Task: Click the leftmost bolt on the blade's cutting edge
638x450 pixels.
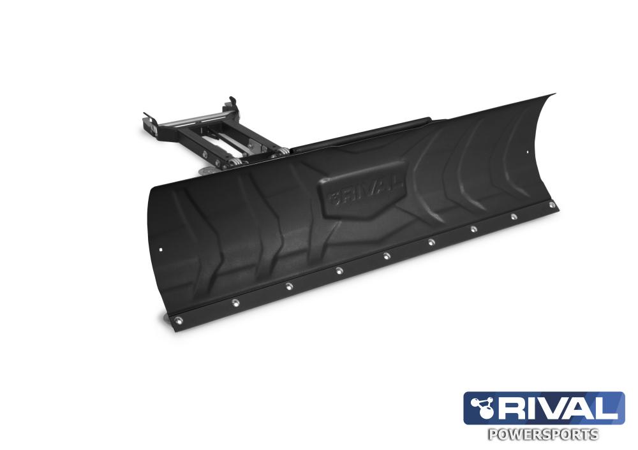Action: point(178,321)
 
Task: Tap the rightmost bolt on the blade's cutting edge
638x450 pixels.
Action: point(552,205)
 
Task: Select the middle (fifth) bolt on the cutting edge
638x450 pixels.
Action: point(386,256)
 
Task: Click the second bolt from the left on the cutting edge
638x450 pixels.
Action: point(235,302)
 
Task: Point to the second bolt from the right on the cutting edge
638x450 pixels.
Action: point(514,217)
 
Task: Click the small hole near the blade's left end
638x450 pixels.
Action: point(162,249)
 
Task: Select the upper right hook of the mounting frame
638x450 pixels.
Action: point(232,101)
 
